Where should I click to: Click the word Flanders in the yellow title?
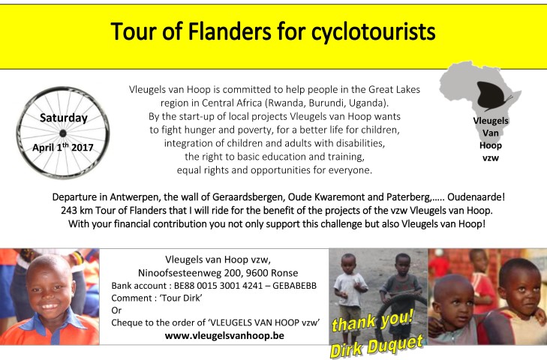(x=229, y=31)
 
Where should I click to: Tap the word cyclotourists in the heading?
(x=373, y=32)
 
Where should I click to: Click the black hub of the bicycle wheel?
(x=63, y=133)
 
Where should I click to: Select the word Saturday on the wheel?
(x=64, y=118)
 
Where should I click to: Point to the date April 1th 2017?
(x=63, y=147)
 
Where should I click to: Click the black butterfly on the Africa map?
(x=491, y=96)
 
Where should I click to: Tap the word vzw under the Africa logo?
(x=491, y=158)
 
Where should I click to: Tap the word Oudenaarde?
(x=476, y=197)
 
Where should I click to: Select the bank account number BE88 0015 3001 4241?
(x=218, y=286)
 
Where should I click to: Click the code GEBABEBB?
(x=294, y=286)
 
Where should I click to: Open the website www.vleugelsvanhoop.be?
(x=224, y=335)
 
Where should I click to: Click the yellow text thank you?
(x=373, y=321)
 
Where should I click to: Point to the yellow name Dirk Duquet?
(x=377, y=346)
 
